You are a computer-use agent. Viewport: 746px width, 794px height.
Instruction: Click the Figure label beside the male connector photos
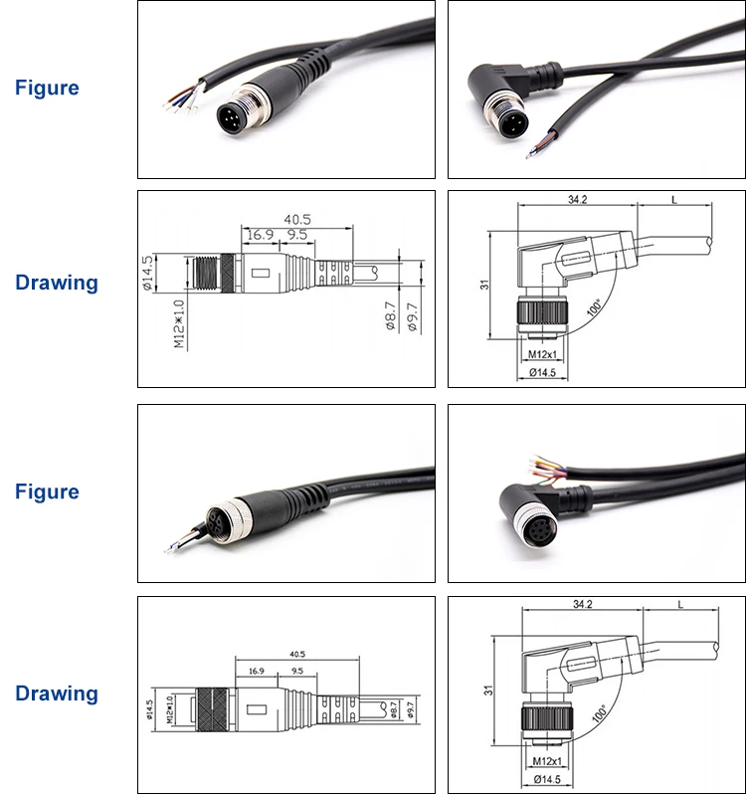pos(47,88)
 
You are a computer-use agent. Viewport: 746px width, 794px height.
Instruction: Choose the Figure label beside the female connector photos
pos(47,492)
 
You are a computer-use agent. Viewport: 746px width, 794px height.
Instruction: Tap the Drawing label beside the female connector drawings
pos(57,694)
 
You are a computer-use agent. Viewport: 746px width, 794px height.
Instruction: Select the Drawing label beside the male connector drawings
pos(57,283)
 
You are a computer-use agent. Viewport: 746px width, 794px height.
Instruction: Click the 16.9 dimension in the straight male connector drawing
pos(260,235)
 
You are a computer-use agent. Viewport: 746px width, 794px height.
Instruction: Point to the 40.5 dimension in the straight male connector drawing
pos(297,219)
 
